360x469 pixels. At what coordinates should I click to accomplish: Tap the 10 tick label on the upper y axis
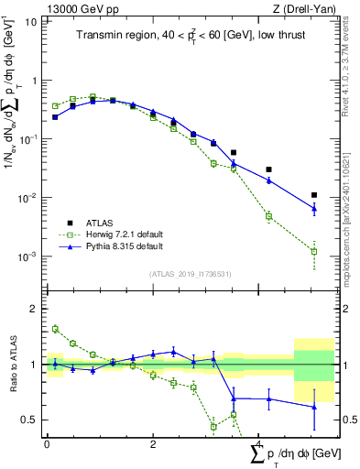[x=29, y=21]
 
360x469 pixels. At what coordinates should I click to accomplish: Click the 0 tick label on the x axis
[x=47, y=443]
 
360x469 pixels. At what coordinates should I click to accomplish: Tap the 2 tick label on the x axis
[x=152, y=443]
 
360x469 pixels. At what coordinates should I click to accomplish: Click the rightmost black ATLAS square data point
[x=314, y=195]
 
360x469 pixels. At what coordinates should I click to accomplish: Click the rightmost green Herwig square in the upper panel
[x=314, y=251]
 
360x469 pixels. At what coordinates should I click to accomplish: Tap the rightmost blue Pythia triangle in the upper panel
[x=314, y=208]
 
